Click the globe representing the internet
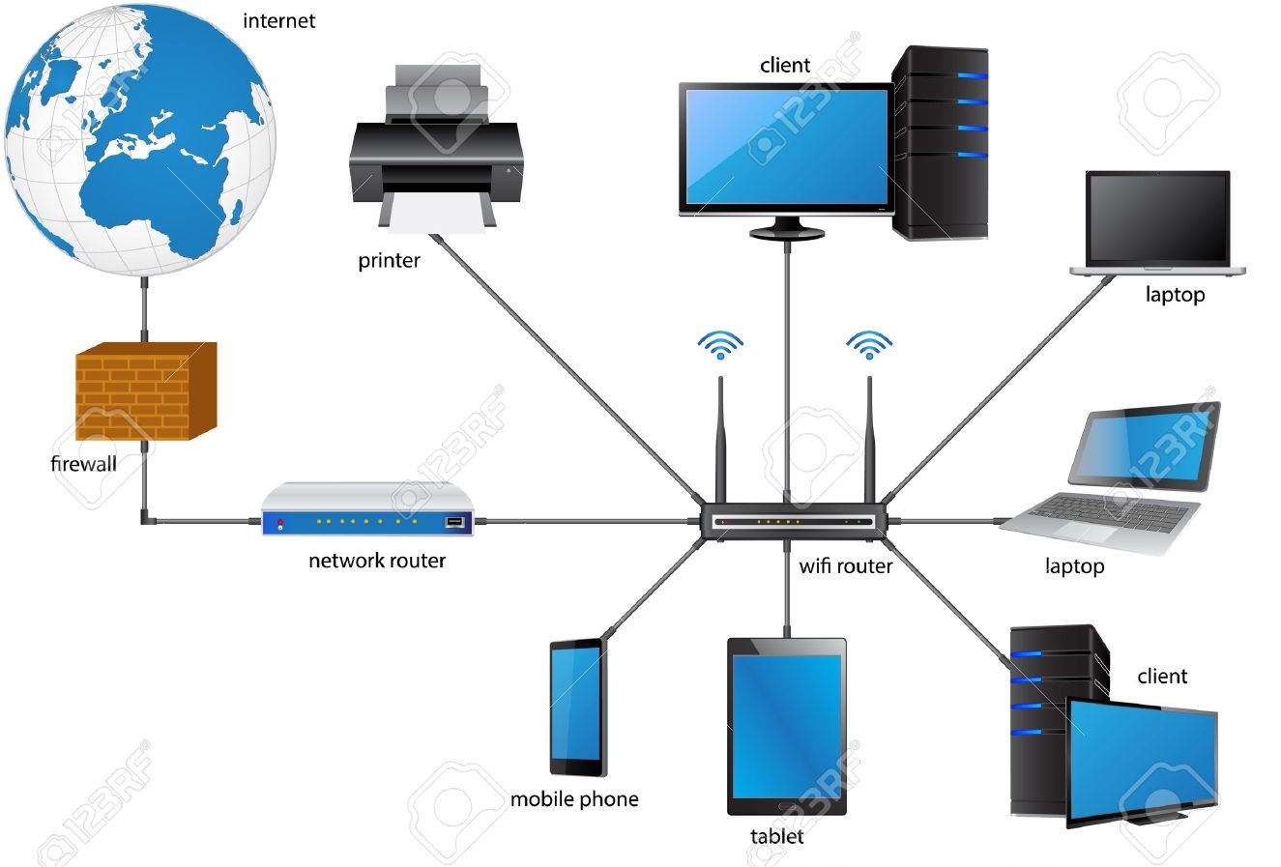tap(140, 140)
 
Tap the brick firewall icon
tap(145, 390)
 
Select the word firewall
tap(83, 464)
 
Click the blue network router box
tap(368, 510)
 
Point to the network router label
tap(377, 561)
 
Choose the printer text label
tap(389, 261)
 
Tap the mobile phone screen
tap(578, 706)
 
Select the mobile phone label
tap(574, 799)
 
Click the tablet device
tap(786, 725)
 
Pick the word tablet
tap(776, 836)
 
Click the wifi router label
tap(845, 566)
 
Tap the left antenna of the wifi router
tap(720, 440)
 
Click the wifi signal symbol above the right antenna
tap(869, 344)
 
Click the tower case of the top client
tap(941, 142)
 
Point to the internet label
tap(279, 20)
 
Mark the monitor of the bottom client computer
tap(1141, 759)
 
